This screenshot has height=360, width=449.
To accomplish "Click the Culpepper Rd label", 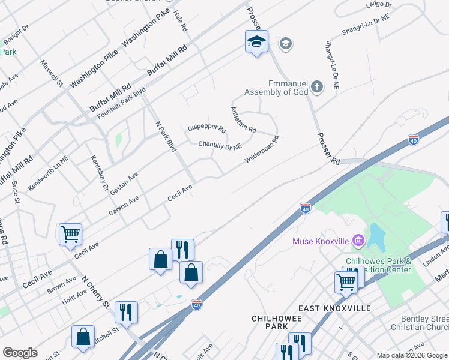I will [206, 128].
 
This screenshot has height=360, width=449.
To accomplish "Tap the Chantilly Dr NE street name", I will [220, 145].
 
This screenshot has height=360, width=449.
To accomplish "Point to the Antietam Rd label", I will [243, 120].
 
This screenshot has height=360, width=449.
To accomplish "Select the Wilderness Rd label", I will [262, 150].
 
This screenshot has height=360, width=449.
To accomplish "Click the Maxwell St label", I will [52, 72].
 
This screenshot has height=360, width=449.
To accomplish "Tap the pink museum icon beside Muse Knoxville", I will [358, 241].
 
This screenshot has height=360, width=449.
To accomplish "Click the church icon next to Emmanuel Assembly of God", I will [316, 88].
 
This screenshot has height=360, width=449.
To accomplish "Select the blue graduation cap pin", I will [256, 42].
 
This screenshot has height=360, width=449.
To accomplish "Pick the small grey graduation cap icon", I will [285, 43].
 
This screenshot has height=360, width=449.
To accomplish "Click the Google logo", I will [20, 352].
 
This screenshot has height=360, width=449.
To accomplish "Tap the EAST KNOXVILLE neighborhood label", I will [334, 308].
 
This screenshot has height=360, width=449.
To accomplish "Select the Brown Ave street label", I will [62, 286].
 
